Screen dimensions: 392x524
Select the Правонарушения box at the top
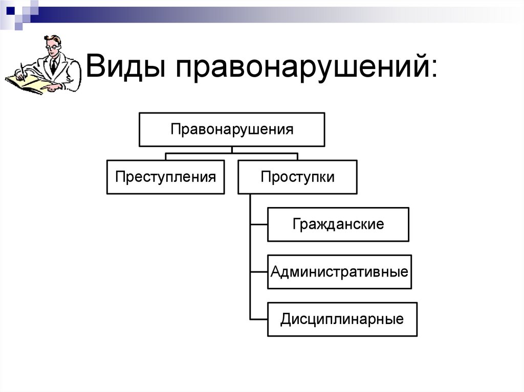pos(232,129)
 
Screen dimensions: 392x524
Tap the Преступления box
pos(165,177)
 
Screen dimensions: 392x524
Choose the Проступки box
pos(297,177)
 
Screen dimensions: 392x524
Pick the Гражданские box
pos(338,224)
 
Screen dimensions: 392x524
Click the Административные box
pos(339,271)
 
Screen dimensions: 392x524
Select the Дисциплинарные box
pos(342,319)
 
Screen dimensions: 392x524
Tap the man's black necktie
pos(53,66)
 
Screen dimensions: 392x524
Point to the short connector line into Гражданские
pos(258,224)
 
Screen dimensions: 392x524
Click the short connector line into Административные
pos(258,271)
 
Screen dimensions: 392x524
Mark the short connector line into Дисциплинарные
pos(258,319)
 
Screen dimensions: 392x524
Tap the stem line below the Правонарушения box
pos(232,150)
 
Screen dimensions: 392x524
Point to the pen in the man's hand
pos(22,68)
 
